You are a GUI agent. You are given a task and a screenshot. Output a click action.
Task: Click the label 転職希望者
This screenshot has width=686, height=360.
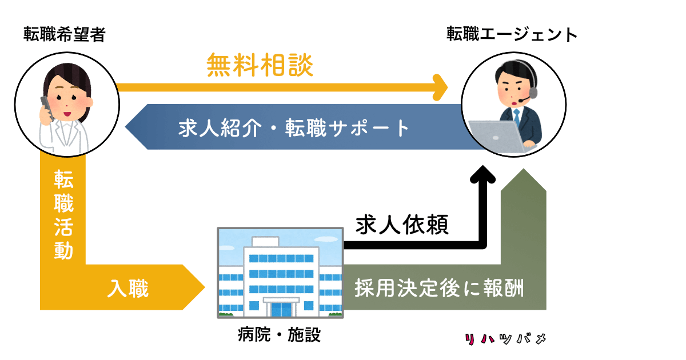click(x=65, y=34)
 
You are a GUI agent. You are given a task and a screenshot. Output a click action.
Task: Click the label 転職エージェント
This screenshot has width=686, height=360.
click(x=512, y=34)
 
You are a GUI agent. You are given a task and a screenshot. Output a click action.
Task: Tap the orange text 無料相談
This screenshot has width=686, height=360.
click(x=260, y=65)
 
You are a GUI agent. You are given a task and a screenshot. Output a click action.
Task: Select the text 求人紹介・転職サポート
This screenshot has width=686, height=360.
click(x=294, y=128)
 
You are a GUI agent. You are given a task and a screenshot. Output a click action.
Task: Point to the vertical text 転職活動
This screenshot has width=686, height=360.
click(x=63, y=215)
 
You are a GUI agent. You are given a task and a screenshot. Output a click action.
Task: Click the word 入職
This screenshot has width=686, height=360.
click(x=128, y=288)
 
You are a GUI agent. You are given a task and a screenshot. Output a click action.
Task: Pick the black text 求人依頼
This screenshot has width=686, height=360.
click(x=402, y=225)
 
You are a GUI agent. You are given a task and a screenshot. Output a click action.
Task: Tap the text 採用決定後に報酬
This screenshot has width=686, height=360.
click(x=439, y=288)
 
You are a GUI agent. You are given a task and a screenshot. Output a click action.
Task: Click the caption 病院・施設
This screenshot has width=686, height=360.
click(x=279, y=334)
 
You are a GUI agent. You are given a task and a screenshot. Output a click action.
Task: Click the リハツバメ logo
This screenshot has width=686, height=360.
click(x=505, y=338)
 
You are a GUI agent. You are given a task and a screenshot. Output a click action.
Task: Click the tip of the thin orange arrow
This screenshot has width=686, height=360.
click(x=448, y=87)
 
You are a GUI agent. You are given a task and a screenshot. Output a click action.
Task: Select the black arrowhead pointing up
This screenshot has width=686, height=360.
click(x=482, y=174)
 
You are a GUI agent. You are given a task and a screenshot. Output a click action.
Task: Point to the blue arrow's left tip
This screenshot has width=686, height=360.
click(x=125, y=127)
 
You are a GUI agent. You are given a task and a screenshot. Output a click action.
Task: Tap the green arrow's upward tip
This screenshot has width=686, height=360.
click(x=524, y=169)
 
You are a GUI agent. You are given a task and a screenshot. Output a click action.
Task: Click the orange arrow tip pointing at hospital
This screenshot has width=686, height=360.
click(x=205, y=287)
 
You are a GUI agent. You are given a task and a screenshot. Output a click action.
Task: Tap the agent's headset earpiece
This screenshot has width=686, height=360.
click(x=533, y=93)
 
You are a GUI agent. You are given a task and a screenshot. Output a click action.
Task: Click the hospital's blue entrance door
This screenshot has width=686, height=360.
click(x=281, y=309)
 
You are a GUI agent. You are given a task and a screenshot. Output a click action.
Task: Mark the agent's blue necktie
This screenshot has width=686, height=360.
click(x=517, y=117)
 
